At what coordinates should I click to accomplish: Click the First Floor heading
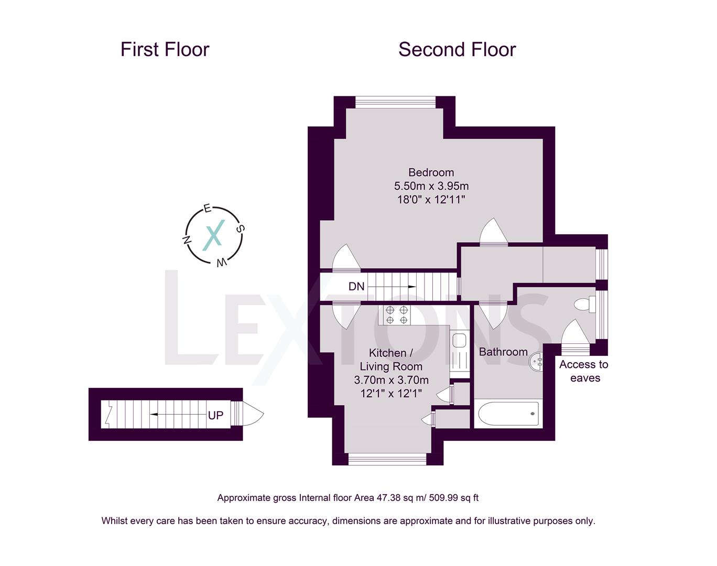(x=165, y=50)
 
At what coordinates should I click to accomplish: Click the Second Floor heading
(x=457, y=50)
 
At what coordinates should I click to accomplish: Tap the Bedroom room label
(x=431, y=172)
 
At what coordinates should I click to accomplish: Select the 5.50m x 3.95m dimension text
(x=431, y=186)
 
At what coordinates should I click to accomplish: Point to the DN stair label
(x=356, y=287)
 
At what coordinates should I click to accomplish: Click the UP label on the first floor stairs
(x=215, y=415)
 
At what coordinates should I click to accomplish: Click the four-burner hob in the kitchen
(x=397, y=314)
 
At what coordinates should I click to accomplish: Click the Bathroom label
(x=503, y=352)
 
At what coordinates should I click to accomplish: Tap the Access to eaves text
(x=584, y=371)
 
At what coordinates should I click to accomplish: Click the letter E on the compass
(x=207, y=209)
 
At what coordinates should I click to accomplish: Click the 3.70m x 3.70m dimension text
(x=391, y=380)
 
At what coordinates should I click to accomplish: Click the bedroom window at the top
(x=395, y=102)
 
